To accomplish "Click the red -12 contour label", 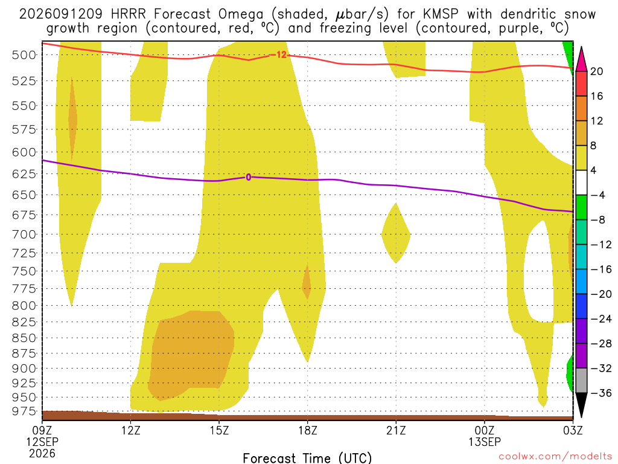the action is coord(281,55).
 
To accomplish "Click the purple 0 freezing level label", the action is coord(248,177).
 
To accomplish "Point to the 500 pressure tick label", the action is coord(24,55).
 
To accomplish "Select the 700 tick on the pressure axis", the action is coord(24,234).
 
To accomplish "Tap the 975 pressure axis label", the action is coord(24,411).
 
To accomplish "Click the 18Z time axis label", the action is coord(307,430).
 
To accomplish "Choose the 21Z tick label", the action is coord(396,430).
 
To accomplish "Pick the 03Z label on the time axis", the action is coord(573,430).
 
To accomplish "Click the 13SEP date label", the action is coord(485,442).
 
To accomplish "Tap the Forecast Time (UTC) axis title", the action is coord(307,458).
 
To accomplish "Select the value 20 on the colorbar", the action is coord(596,71).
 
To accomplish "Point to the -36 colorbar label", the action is coord(601,393).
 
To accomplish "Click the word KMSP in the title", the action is coord(441,14).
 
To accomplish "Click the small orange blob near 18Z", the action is coord(306,282).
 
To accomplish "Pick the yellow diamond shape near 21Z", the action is coord(396,234).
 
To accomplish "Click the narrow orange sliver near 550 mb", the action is coord(72,118).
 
